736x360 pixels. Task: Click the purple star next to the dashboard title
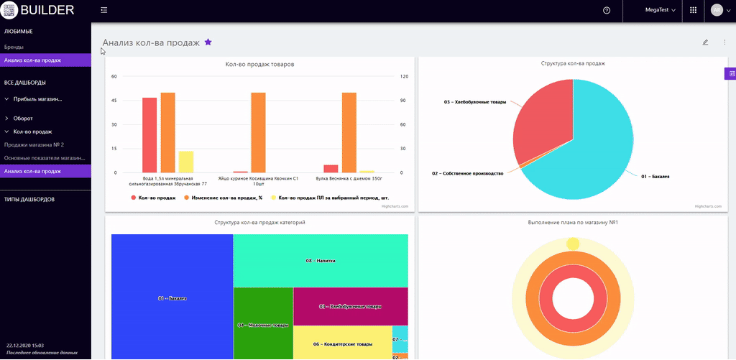click(x=208, y=42)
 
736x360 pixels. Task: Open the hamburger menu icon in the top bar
click(x=104, y=10)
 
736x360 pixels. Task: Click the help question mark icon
click(x=607, y=11)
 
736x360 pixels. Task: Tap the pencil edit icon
click(x=705, y=42)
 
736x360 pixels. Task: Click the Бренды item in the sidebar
click(x=14, y=47)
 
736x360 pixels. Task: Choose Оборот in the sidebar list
click(x=24, y=118)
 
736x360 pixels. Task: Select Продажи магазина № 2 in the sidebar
click(x=34, y=144)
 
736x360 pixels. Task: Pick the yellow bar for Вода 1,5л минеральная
click(x=186, y=162)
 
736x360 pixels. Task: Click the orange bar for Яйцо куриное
click(x=259, y=132)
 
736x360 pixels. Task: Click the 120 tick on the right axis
click(x=404, y=76)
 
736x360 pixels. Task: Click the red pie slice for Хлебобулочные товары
click(x=543, y=122)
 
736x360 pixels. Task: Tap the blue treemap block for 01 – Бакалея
click(x=172, y=297)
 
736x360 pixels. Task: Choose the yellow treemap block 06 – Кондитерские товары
click(x=342, y=343)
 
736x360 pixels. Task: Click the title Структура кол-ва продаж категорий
click(x=259, y=223)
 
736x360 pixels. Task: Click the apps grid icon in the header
click(x=693, y=11)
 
